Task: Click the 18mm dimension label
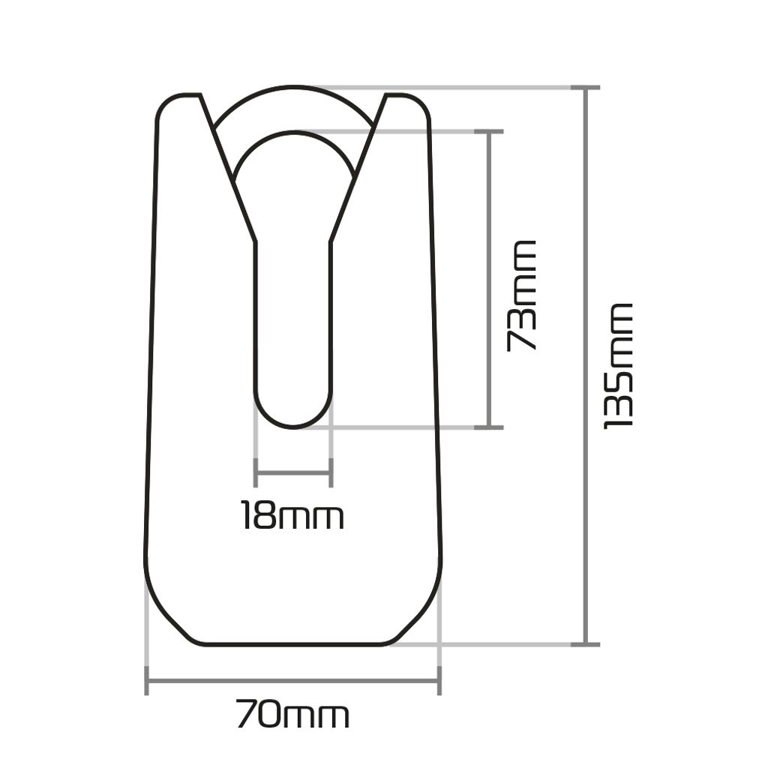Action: point(293,515)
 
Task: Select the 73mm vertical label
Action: point(522,295)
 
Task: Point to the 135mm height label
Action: point(619,366)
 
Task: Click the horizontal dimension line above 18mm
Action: point(293,473)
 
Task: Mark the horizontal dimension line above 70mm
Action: point(293,681)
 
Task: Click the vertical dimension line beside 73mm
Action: point(488,279)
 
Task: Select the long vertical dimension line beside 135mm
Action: point(586,366)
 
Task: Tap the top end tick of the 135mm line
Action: point(586,88)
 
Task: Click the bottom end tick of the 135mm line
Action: point(586,644)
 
